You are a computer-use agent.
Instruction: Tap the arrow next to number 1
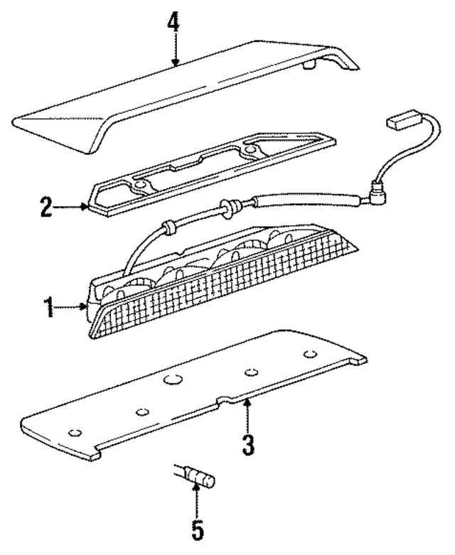tap(73, 308)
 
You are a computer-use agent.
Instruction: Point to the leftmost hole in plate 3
tap(73, 433)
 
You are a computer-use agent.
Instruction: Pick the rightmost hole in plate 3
tap(309, 354)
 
